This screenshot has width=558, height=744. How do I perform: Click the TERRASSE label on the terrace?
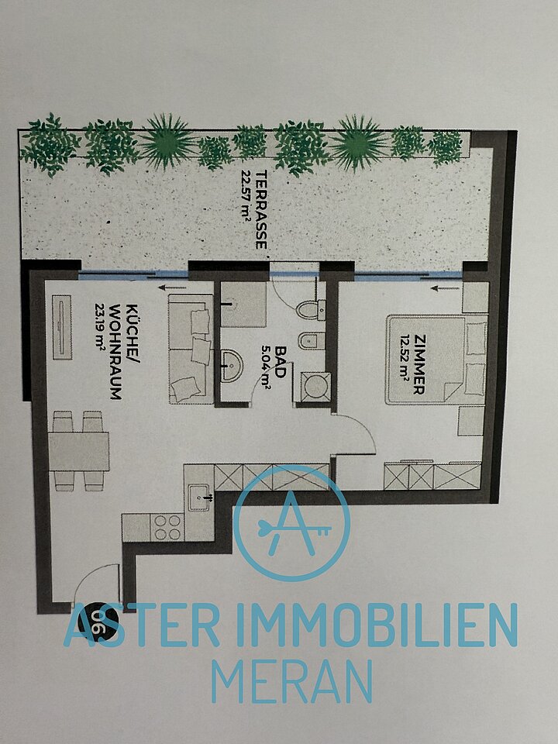[x=261, y=209]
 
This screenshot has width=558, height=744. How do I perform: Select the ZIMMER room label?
[x=419, y=363]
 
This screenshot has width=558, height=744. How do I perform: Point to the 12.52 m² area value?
[x=404, y=363]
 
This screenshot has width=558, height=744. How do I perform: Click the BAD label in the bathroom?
[x=281, y=362]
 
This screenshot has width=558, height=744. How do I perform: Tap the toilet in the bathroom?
[x=312, y=309]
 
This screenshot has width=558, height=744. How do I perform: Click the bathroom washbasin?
[x=232, y=365]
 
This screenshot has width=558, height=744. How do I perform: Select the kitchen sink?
[x=199, y=498]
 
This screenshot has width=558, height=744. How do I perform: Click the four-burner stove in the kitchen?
[x=167, y=527]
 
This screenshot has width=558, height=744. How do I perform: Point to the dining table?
[x=79, y=451]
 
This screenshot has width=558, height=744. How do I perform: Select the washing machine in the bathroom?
[x=316, y=387]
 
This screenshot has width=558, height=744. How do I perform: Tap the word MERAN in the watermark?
[x=292, y=680]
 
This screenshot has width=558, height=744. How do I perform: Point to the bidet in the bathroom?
[x=312, y=341]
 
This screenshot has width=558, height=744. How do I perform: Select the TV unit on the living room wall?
[x=62, y=327]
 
